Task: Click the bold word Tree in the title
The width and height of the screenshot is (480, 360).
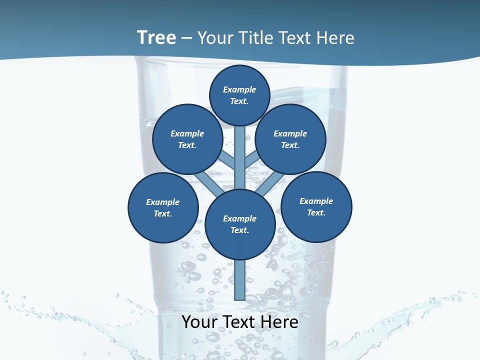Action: pyautogui.click(x=156, y=37)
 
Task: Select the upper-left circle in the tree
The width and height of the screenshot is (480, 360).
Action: pyautogui.click(x=187, y=139)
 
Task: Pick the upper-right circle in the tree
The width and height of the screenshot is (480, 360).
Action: pyautogui.click(x=290, y=139)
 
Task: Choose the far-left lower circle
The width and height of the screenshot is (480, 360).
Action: pyautogui.click(x=163, y=208)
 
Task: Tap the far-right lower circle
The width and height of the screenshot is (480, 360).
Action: pyautogui.click(x=316, y=206)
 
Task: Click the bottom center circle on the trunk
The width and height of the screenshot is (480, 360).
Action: pyautogui.click(x=240, y=224)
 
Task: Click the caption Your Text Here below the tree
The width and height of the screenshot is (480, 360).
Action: pyautogui.click(x=240, y=322)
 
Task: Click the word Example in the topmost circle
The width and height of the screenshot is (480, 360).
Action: pyautogui.click(x=239, y=89)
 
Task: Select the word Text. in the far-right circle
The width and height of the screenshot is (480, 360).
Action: pyautogui.click(x=316, y=212)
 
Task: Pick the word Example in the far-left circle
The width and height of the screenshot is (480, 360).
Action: pyautogui.click(x=163, y=202)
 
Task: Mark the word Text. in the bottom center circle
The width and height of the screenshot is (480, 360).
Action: pyautogui.click(x=240, y=230)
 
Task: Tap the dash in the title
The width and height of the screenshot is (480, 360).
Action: pyautogui.click(x=186, y=38)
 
